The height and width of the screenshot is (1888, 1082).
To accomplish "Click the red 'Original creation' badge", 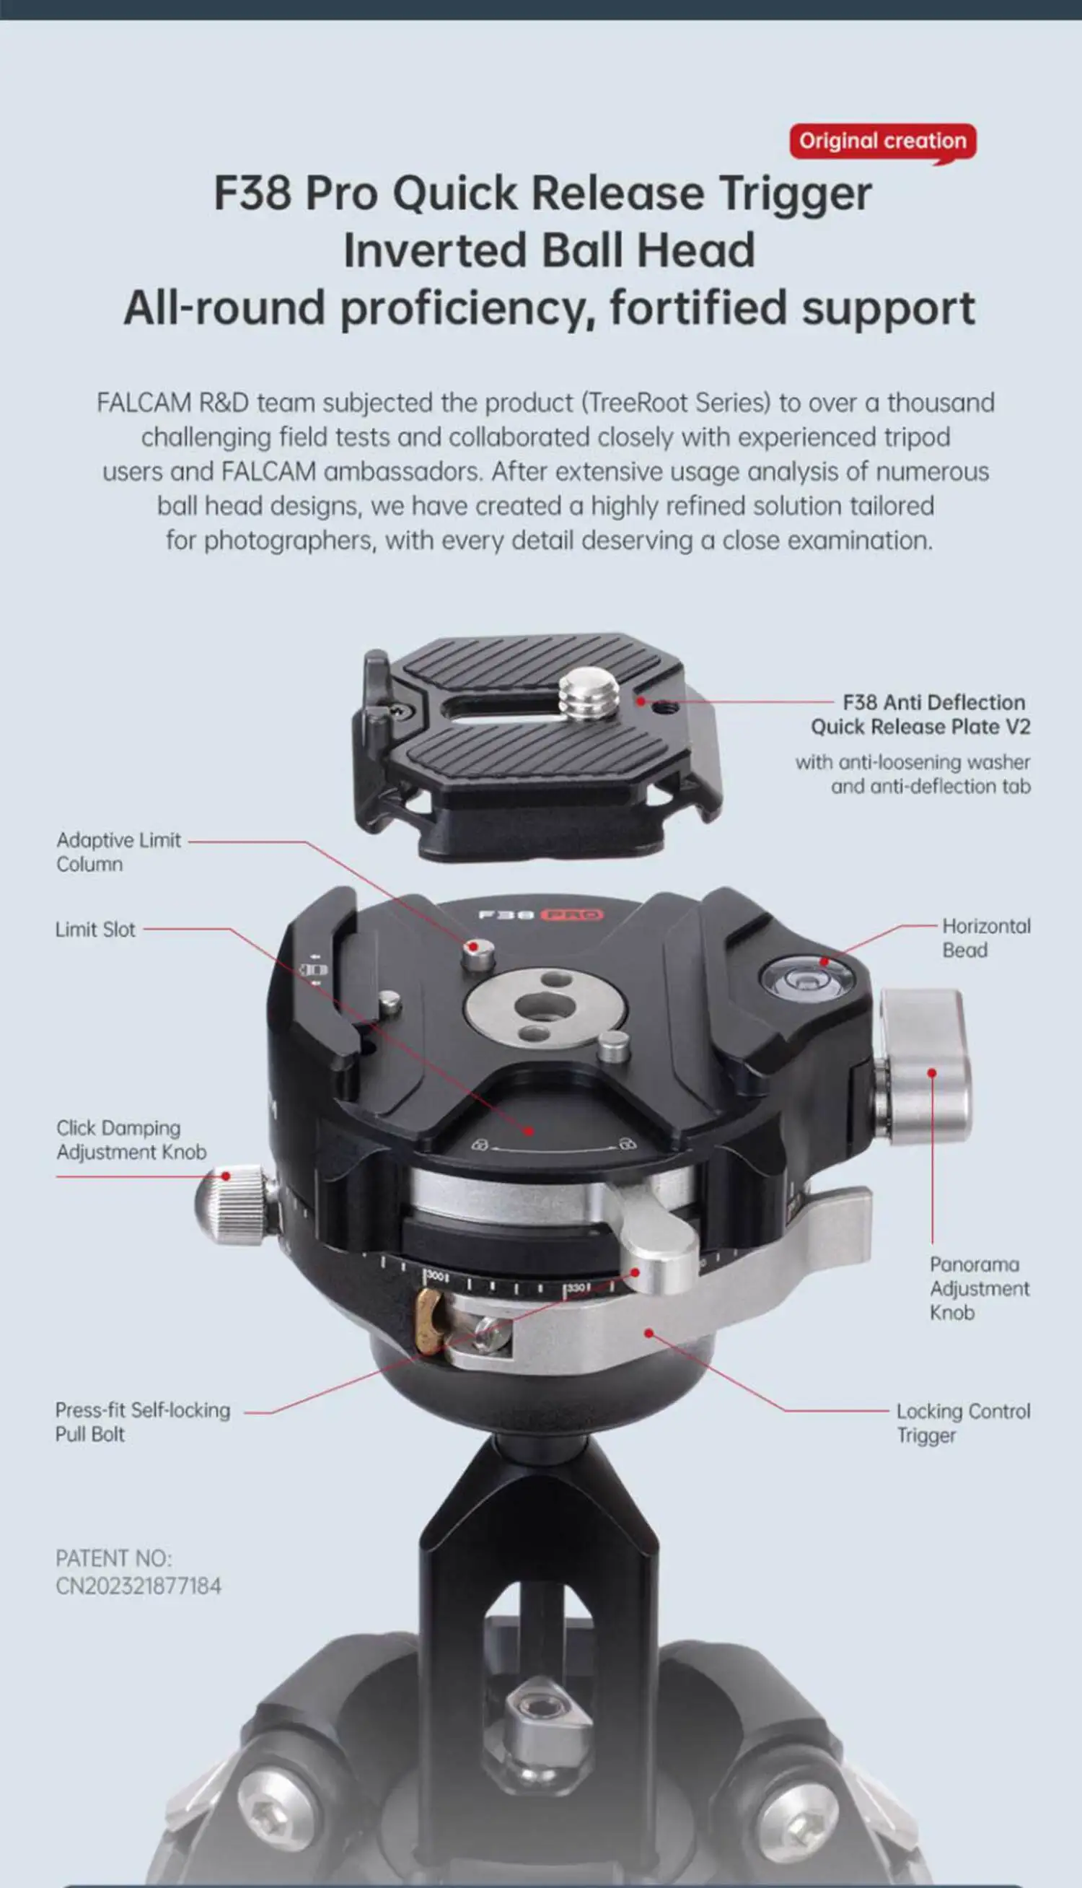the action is pyautogui.click(x=883, y=141).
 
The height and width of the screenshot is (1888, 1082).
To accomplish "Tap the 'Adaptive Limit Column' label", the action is pyautogui.click(x=118, y=852).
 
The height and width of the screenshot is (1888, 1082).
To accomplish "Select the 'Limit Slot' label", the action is pyautogui.click(x=95, y=929).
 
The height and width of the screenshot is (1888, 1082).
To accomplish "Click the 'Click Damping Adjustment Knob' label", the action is pyautogui.click(x=131, y=1140).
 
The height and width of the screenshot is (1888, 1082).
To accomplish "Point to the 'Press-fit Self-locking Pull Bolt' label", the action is pyautogui.click(x=143, y=1422).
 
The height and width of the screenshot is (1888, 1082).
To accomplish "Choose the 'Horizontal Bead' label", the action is pyautogui.click(x=986, y=938).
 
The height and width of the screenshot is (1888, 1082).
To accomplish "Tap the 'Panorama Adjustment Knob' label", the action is pyautogui.click(x=980, y=1288).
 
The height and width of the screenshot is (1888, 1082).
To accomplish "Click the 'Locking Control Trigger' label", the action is pyautogui.click(x=963, y=1422).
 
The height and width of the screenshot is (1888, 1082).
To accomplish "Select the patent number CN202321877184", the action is pyautogui.click(x=138, y=1586).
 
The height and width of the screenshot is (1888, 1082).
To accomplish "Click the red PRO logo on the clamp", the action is pyautogui.click(x=571, y=914).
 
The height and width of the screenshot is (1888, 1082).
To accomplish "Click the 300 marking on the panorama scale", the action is pyautogui.click(x=436, y=1275).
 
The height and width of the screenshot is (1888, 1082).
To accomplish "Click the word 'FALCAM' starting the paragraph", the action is pyautogui.click(x=144, y=403).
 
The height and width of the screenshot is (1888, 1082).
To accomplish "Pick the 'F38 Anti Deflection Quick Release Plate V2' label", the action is pyautogui.click(x=920, y=714).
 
